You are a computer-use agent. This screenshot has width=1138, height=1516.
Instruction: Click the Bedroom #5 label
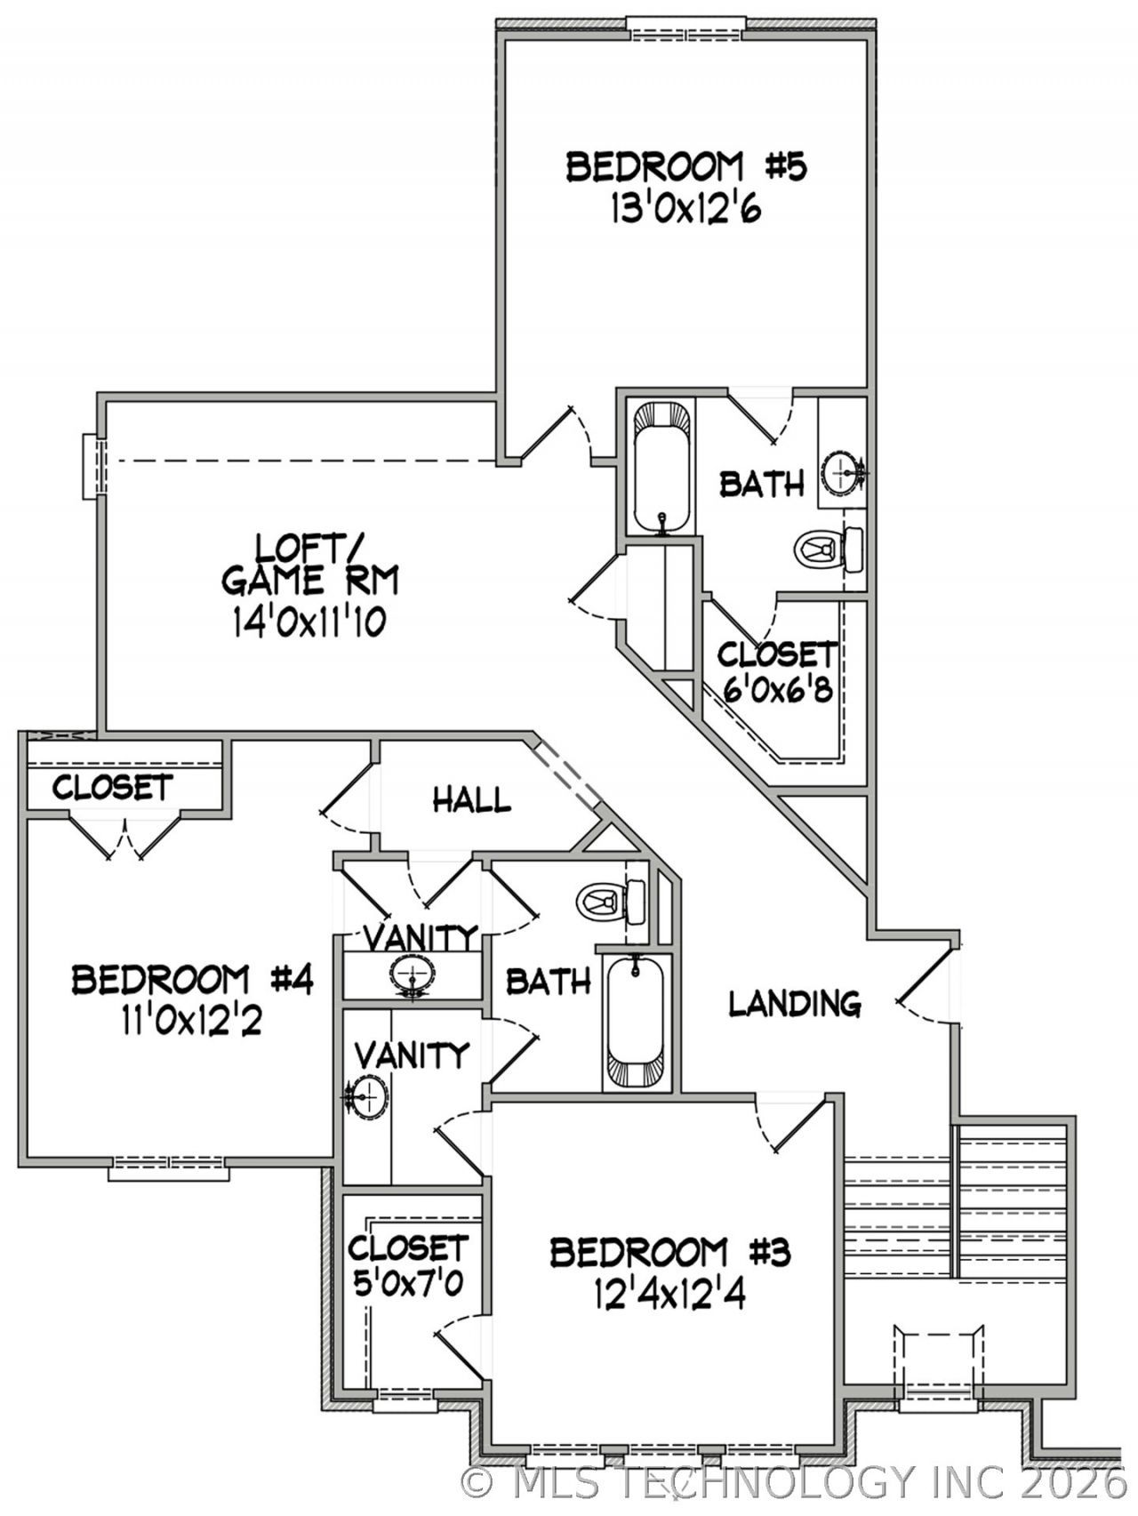pyautogui.click(x=685, y=167)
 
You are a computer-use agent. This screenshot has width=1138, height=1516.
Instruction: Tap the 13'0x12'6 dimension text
pyautogui.click(x=685, y=211)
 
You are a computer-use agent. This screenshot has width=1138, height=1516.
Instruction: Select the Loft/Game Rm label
pyautogui.click(x=309, y=564)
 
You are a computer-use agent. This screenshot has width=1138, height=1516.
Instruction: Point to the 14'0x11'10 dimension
pyautogui.click(x=309, y=622)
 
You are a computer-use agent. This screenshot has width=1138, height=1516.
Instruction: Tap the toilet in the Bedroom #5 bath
pyautogui.click(x=829, y=549)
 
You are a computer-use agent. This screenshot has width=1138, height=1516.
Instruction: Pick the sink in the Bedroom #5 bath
pyautogui.click(x=841, y=472)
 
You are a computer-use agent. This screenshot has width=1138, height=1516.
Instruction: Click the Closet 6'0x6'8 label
pyautogui.click(x=778, y=671)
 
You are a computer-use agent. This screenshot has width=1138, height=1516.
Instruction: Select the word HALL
pyautogui.click(x=471, y=800)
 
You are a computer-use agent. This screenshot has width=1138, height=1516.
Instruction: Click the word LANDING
pyautogui.click(x=795, y=1004)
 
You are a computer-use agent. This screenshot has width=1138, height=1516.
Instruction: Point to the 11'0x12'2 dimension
pyautogui.click(x=192, y=1022)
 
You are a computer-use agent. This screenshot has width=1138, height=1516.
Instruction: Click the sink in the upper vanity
pyautogui.click(x=412, y=975)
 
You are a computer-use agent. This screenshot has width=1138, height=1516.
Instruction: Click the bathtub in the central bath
pyautogui.click(x=635, y=1023)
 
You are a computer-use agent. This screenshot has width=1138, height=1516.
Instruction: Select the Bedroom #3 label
pyautogui.click(x=669, y=1252)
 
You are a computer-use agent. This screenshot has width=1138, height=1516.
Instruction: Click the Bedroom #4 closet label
pyautogui.click(x=112, y=788)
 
